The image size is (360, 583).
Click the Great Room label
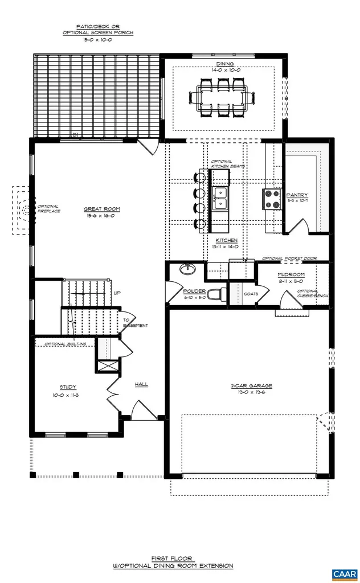[102, 209]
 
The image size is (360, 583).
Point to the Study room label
[68, 387]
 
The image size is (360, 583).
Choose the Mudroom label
[291, 274]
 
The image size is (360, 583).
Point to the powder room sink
[186, 269]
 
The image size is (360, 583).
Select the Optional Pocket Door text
[289, 258]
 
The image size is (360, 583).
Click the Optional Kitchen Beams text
[222, 164]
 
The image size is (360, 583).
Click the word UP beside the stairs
[117, 293]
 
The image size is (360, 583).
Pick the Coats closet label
[251, 294]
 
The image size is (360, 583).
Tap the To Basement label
[135, 323]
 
